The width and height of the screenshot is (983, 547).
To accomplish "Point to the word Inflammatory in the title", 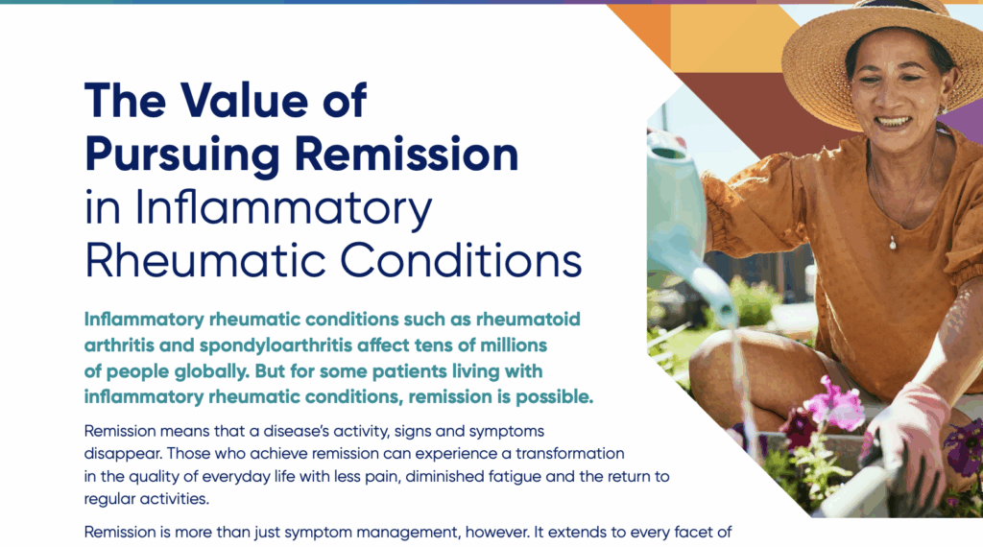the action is click(x=283, y=208).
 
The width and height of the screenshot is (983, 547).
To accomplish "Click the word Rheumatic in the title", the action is click(x=205, y=261).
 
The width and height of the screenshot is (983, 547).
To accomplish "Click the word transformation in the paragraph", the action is click(x=570, y=453).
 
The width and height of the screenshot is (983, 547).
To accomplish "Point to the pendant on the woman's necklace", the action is click(x=893, y=243).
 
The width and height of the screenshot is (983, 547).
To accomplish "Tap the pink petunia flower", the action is click(x=834, y=404).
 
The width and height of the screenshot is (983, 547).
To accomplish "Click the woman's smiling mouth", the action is click(x=893, y=121).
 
